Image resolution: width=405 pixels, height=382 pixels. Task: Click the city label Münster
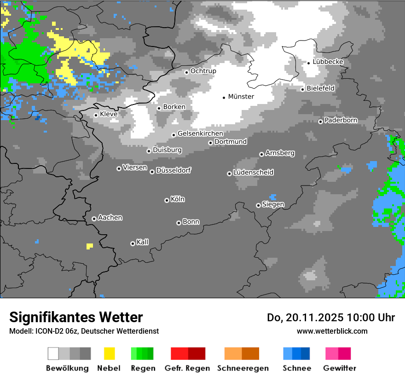coord(241,97)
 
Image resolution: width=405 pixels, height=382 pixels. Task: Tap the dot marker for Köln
coord(167,200)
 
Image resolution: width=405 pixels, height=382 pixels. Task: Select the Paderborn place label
coord(341,121)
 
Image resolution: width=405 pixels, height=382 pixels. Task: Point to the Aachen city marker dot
coord(94,219)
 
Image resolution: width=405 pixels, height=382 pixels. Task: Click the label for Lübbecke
coord(328,62)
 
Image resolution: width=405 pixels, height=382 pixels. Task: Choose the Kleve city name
coord(109,114)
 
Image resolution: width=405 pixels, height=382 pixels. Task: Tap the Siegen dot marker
coord(258,205)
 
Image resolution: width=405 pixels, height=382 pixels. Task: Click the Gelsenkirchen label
coord(200,134)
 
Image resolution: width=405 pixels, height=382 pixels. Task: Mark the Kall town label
coord(142,242)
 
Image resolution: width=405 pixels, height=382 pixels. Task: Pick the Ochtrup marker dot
coord(186,72)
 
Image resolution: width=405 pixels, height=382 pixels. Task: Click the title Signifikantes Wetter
coord(76,317)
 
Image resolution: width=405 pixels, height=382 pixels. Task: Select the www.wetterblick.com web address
coord(332,331)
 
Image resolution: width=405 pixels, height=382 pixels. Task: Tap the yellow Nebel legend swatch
coord(109,353)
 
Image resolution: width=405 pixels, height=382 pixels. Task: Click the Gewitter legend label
coord(340,368)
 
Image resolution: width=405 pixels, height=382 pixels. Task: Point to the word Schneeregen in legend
coord(243,368)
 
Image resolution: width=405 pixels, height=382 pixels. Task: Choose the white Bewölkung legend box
coord(53,353)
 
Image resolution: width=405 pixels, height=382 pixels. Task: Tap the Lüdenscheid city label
coord(253,173)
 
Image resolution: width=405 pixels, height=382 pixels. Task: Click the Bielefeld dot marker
coord(302,89)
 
